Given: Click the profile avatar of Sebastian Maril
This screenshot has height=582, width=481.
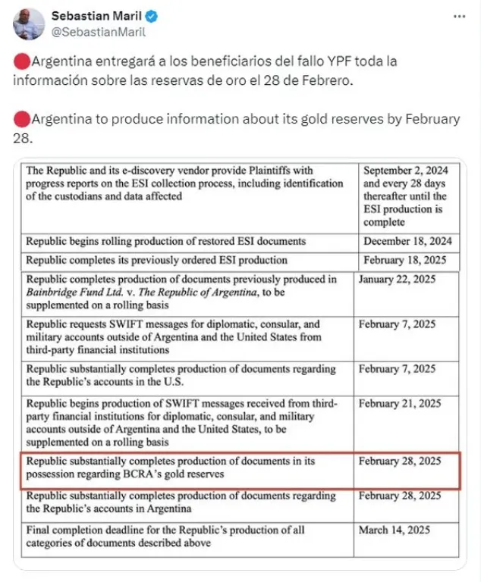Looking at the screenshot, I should (x=28, y=24).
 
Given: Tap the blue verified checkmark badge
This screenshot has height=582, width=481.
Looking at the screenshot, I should (x=135, y=17).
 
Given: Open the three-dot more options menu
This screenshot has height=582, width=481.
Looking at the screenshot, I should (x=459, y=16).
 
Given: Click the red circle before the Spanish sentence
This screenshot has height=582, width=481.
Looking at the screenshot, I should (x=21, y=62).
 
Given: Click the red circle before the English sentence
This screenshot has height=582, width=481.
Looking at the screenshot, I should (x=21, y=120).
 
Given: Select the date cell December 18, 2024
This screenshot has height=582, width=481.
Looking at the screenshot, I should (x=407, y=241).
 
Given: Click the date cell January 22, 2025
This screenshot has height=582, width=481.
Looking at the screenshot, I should (x=398, y=279).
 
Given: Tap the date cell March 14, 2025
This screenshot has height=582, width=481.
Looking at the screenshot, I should (x=395, y=530).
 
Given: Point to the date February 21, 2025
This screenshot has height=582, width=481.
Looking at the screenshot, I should (x=398, y=403).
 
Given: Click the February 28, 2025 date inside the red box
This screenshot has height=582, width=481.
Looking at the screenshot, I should (x=400, y=461).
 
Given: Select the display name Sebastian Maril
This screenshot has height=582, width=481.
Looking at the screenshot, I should (x=89, y=16).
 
